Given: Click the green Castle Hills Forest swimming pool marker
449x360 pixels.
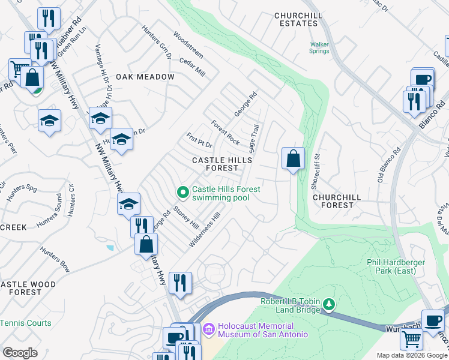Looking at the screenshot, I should [184, 192].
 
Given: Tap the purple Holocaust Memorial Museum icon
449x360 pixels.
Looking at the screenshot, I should [209, 329].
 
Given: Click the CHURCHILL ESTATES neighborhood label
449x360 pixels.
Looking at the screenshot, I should [295, 19].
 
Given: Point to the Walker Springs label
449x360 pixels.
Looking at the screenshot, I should [319, 47].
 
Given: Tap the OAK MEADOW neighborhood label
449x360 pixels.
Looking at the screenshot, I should [145, 77].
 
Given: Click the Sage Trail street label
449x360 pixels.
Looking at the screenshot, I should [255, 139].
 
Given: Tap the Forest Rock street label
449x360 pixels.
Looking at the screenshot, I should [226, 133].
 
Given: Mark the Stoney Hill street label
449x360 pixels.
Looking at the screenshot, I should [185, 218].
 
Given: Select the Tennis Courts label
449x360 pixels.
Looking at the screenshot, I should [25, 323].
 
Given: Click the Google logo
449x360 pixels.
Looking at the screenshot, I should [20, 353].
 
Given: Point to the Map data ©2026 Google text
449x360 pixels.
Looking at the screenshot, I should [411, 355].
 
